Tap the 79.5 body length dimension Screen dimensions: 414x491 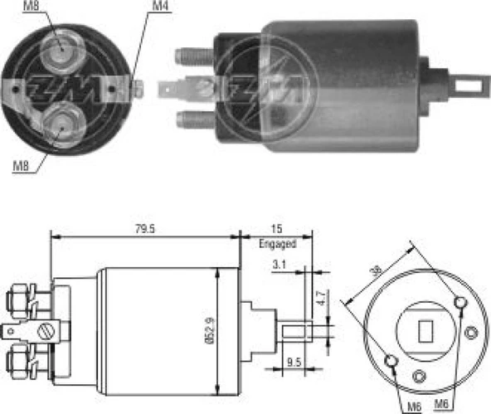[146, 228]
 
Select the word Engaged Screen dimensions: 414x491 [276, 245]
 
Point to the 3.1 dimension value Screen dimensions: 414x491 [280, 265]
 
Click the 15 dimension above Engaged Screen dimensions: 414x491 [276, 229]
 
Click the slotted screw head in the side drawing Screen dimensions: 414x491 [46, 334]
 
